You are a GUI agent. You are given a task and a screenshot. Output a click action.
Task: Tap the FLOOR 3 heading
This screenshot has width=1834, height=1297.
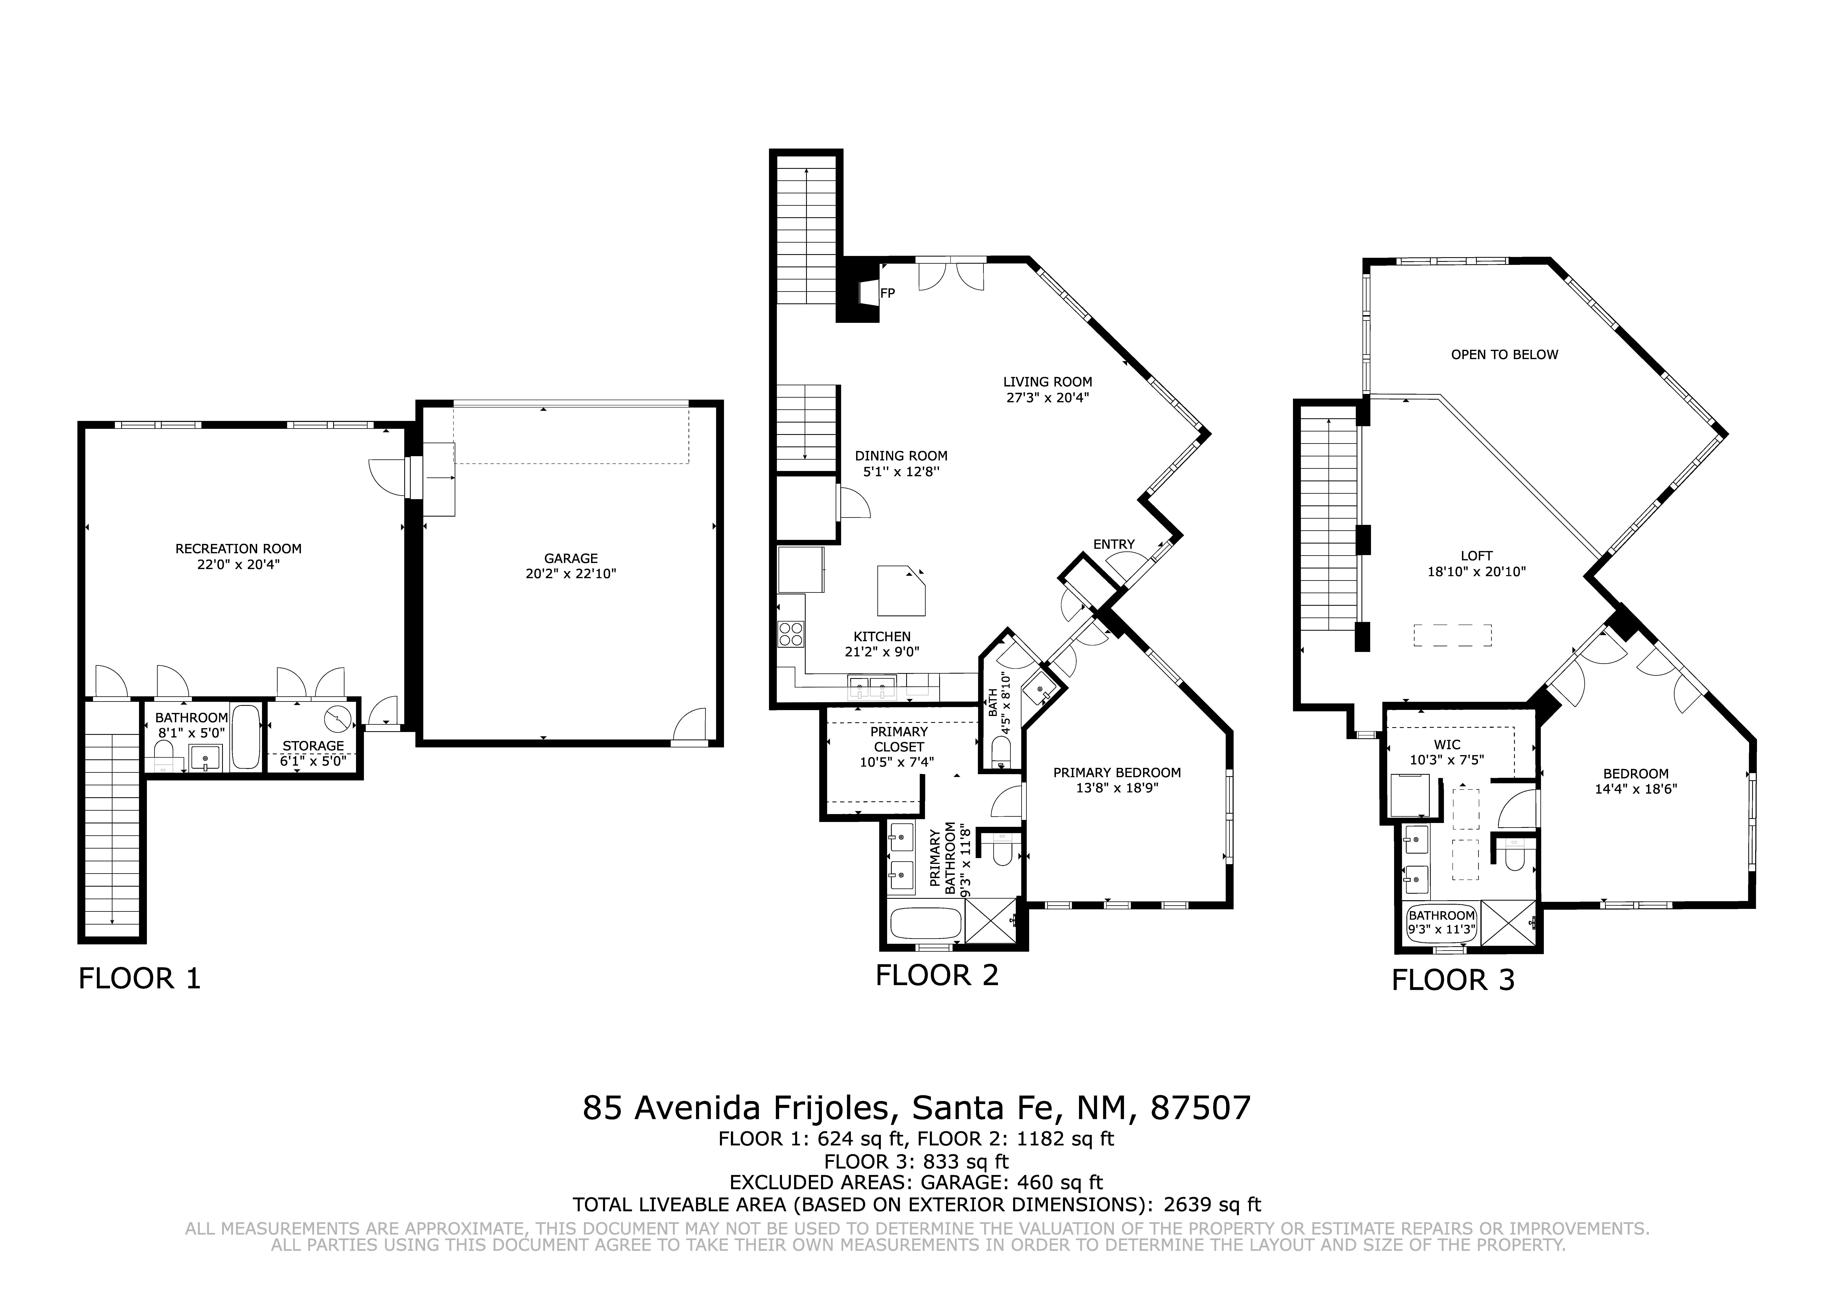click(1453, 980)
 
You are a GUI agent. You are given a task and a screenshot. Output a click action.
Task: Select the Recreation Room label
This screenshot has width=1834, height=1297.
click(239, 549)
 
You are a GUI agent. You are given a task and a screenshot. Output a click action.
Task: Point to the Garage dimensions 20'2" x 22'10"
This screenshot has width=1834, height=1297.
click(571, 574)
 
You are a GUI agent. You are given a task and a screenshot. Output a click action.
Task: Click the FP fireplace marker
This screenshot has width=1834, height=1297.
click(888, 293)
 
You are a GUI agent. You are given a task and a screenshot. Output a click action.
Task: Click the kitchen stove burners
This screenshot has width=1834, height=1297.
click(791, 634)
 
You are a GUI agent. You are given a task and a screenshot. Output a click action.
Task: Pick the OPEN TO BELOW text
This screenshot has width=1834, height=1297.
click(1505, 355)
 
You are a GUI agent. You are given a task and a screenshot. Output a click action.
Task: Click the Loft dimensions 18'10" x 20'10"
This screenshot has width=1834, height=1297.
click(1476, 572)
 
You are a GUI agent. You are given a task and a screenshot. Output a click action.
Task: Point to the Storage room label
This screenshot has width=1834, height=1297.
click(313, 746)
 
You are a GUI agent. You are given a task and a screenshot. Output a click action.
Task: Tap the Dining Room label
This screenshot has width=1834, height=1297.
click(901, 456)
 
